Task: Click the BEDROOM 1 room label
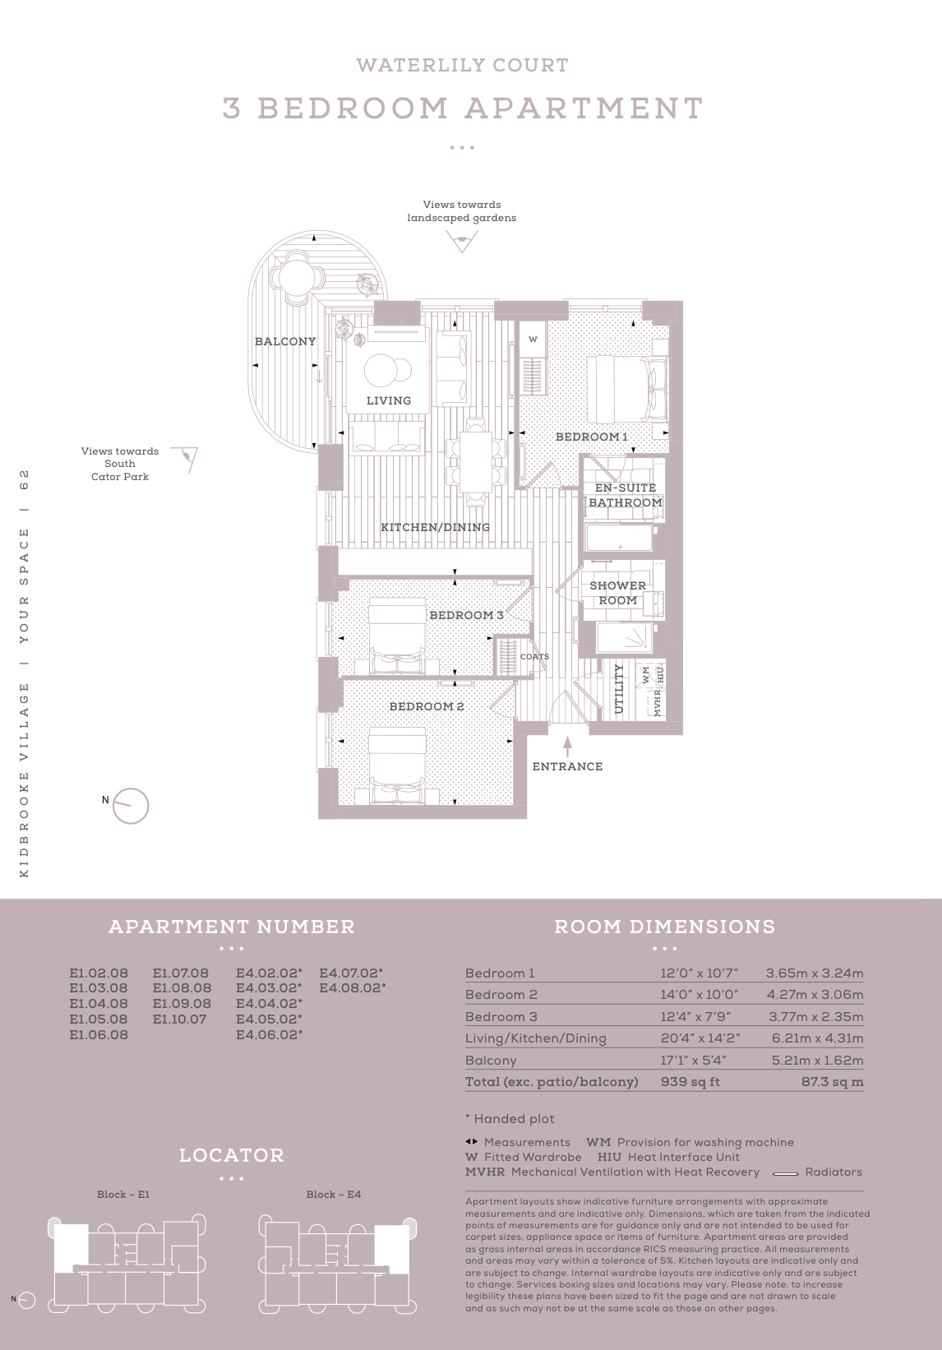click(x=591, y=437)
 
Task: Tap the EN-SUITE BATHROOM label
click(x=625, y=495)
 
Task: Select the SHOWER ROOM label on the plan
click(x=617, y=593)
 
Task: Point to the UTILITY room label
click(x=620, y=689)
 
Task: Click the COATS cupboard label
click(x=534, y=657)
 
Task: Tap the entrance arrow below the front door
click(x=567, y=746)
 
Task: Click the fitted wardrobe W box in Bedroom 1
click(x=533, y=340)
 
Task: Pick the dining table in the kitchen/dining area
click(x=476, y=461)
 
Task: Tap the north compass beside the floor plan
click(x=130, y=806)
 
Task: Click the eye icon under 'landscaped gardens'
click(x=463, y=241)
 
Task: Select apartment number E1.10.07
click(x=179, y=1019)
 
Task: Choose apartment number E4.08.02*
click(x=352, y=988)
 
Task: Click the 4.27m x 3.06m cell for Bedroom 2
click(x=815, y=995)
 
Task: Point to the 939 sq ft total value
click(x=690, y=1082)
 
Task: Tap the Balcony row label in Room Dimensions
click(x=491, y=1061)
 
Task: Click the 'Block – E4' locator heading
click(x=334, y=1195)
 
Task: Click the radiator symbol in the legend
click(x=785, y=1173)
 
